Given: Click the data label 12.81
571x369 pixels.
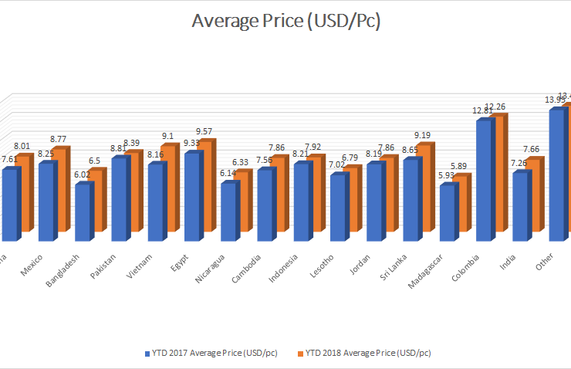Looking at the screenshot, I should pyautogui.click(x=483, y=110).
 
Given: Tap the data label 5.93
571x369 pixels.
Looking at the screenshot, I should pyautogui.click(x=447, y=175).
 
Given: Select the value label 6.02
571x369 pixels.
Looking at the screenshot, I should pyautogui.click(x=82, y=174).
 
